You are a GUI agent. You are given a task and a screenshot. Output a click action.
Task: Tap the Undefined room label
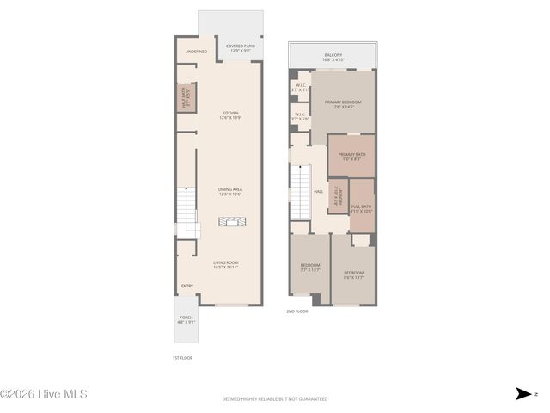196,52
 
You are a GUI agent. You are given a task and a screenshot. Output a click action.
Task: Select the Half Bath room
184,98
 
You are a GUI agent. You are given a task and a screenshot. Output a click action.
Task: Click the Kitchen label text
229,114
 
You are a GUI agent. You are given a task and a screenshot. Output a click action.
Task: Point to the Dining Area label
229,192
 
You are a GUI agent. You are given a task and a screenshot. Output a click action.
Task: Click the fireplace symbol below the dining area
229,222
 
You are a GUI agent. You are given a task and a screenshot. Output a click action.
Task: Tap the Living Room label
225,264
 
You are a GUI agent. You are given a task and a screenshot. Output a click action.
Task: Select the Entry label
186,287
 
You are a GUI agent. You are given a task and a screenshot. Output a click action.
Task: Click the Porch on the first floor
186,319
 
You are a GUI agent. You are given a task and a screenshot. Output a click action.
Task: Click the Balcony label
333,57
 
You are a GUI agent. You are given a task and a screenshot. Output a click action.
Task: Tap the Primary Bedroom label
343,104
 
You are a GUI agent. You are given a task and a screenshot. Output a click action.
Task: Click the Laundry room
339,197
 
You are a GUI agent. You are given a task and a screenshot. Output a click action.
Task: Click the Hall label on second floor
318,191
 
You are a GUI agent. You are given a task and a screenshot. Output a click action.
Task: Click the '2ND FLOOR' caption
297,311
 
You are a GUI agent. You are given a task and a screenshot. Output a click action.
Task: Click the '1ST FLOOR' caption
183,356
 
